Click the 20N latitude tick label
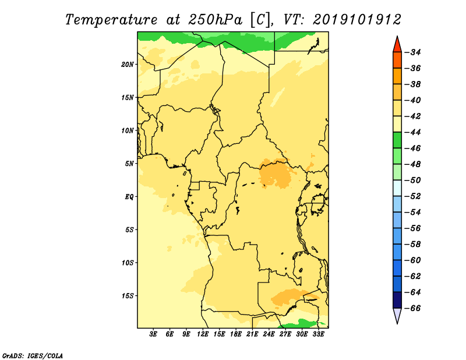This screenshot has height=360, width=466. click(128, 65)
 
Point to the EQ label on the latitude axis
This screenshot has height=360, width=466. click(129, 197)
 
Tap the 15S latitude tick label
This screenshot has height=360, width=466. click(128, 296)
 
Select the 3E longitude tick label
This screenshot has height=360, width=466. click(153, 334)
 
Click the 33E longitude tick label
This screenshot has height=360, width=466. click(318, 334)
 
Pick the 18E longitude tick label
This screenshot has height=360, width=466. click(236, 334)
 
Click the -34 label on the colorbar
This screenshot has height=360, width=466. click(413, 52)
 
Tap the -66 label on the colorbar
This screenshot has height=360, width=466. click(413, 308)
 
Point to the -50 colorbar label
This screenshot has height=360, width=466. click(413, 180)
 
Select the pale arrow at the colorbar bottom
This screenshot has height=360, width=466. click(397, 315)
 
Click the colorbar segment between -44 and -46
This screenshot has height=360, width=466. click(397, 140)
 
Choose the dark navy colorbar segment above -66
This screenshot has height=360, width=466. click(397, 300)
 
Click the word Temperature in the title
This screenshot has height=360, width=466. click(111, 20)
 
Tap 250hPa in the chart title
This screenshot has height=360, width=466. click(215, 20)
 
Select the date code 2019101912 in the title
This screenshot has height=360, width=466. click(357, 20)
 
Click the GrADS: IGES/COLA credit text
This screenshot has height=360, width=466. click(33, 355)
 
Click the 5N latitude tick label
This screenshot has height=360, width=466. click(129, 164)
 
